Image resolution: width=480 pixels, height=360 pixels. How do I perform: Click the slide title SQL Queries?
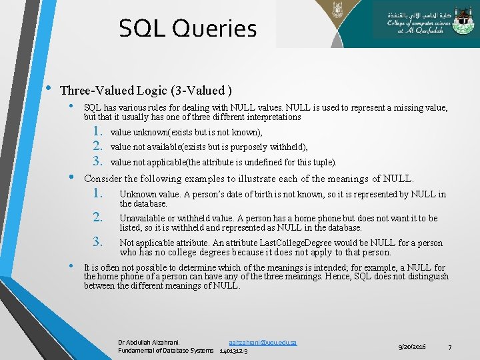[x=187, y=29]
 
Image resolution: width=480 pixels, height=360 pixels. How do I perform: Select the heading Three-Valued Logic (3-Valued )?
[x=146, y=91]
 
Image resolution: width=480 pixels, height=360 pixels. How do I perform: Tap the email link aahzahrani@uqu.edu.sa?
[x=263, y=342]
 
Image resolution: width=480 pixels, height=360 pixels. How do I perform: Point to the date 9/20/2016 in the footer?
[x=412, y=347]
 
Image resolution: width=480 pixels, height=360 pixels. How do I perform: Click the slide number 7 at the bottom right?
[x=450, y=347]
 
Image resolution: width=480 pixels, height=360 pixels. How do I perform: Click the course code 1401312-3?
[x=233, y=351]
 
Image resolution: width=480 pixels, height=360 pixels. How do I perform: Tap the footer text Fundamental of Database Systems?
[x=166, y=351]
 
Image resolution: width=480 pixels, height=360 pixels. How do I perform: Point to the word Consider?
[x=104, y=179]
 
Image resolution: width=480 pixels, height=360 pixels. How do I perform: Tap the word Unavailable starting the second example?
[x=143, y=219]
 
